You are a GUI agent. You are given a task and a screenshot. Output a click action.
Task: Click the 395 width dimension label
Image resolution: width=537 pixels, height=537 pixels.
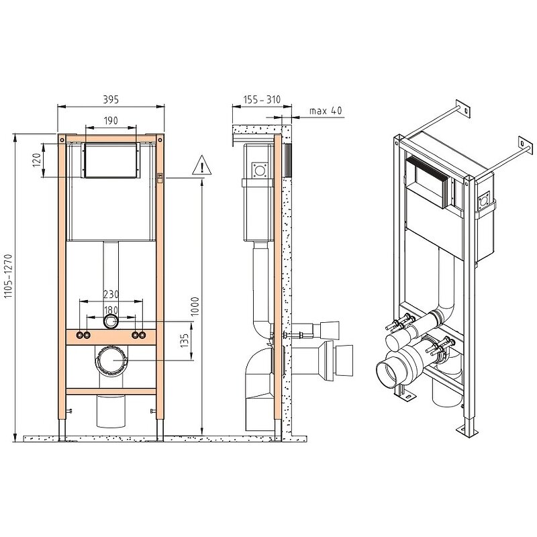tap(111, 99)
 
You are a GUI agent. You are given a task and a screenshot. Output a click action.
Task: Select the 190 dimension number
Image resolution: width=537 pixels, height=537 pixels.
tap(111, 121)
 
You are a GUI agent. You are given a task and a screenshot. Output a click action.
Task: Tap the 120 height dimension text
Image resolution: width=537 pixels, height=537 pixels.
tap(37, 160)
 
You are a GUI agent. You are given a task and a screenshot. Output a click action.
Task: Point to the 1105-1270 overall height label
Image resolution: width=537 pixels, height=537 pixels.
tap(8, 276)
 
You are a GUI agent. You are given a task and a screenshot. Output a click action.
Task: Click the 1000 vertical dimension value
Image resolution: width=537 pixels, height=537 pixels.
tap(195, 306)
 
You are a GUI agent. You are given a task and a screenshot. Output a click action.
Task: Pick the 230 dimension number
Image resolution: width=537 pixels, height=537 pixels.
tap(111, 294)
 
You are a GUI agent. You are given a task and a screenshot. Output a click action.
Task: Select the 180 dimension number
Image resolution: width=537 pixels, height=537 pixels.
tap(111, 310)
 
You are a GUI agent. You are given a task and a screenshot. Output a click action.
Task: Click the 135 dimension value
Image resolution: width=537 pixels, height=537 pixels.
tap(184, 340)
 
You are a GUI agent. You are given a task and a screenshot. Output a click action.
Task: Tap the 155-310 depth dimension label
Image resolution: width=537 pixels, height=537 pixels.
tap(262, 99)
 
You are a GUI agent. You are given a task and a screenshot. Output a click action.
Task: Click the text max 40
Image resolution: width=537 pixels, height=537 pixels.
tap(326, 110)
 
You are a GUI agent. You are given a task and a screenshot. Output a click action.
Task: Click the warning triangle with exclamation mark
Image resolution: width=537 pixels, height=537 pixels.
tap(202, 165)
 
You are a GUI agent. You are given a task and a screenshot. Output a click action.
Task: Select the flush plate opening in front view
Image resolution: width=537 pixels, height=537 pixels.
tap(111, 160)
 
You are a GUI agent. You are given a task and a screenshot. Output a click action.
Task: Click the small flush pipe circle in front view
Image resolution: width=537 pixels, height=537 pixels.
tap(111, 322)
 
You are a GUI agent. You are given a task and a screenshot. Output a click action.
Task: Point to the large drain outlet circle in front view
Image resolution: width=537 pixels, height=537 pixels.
tap(111, 360)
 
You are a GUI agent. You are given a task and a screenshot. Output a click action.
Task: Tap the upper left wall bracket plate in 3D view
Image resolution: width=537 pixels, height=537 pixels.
tap(462, 109)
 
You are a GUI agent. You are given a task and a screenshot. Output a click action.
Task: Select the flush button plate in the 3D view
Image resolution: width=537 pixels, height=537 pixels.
tap(426, 182)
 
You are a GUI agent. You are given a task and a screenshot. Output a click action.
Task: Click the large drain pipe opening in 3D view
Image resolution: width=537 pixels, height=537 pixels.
tap(388, 373)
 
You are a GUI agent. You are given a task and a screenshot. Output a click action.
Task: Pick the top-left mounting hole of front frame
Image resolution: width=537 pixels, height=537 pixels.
tap(62, 140)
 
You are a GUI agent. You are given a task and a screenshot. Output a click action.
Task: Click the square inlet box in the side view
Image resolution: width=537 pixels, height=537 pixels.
tap(260, 170)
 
